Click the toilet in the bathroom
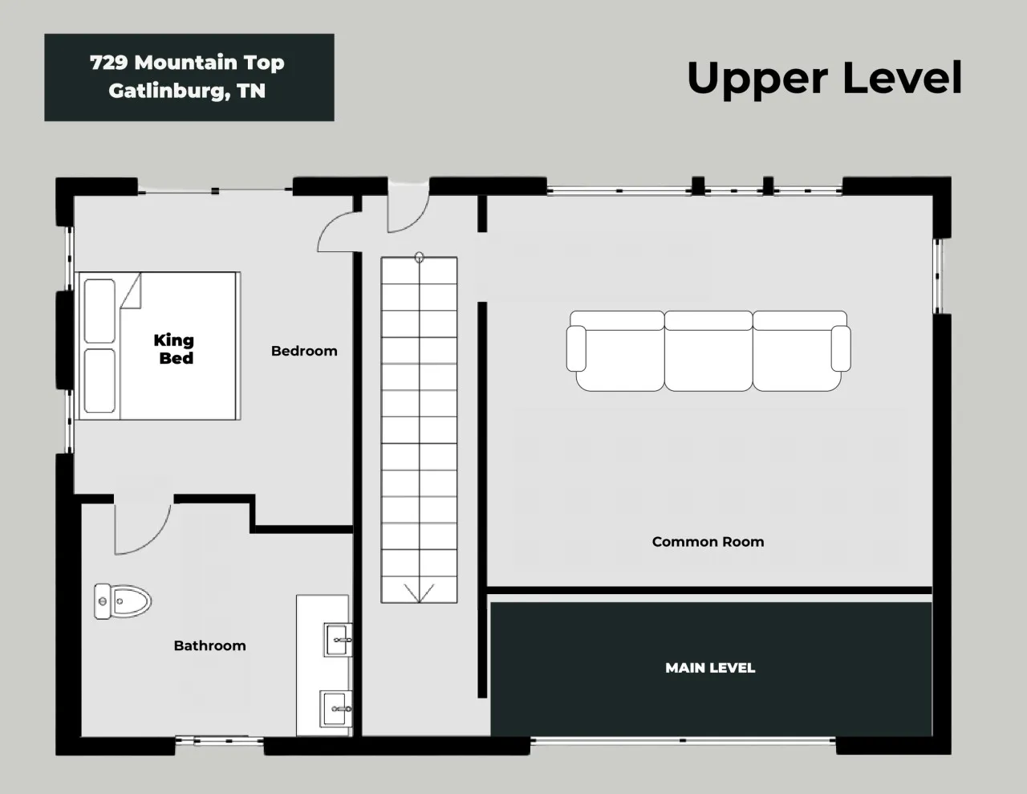(x=123, y=601)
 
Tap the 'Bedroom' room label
(x=304, y=352)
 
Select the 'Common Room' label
(x=708, y=541)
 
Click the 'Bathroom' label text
(x=210, y=646)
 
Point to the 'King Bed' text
(x=174, y=349)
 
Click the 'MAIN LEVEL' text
(x=710, y=668)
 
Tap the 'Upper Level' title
(x=825, y=79)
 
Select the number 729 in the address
(x=108, y=63)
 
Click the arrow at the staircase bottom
(x=419, y=592)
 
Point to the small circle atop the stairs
(x=419, y=257)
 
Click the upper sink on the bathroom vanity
(x=338, y=640)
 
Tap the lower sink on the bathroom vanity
(x=335, y=709)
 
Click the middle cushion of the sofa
(x=708, y=351)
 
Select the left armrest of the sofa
(x=576, y=348)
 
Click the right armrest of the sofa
(x=841, y=348)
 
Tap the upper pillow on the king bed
(x=99, y=311)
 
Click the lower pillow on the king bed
(x=99, y=381)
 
